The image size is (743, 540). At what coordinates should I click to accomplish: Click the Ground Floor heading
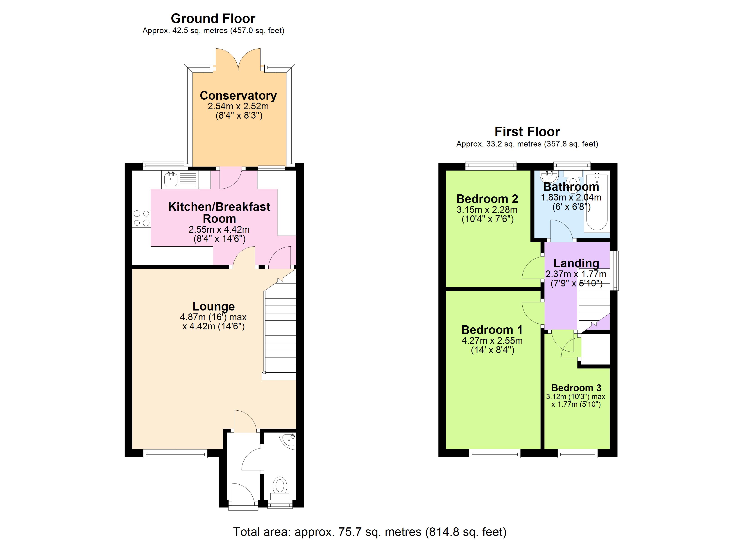(213, 19)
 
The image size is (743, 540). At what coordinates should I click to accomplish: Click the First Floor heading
(527, 132)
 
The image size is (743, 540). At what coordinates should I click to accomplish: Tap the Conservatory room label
(238, 96)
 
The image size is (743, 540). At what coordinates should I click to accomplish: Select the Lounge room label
(214, 306)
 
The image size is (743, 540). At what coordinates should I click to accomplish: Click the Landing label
(576, 263)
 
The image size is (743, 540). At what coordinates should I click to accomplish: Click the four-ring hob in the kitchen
(142, 218)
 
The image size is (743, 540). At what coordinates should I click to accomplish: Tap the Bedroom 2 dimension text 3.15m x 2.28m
(487, 209)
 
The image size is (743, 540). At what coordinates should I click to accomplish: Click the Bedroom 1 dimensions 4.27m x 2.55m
(492, 341)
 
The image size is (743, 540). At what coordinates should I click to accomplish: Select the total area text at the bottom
(370, 532)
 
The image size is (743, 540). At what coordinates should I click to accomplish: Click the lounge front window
(175, 454)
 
